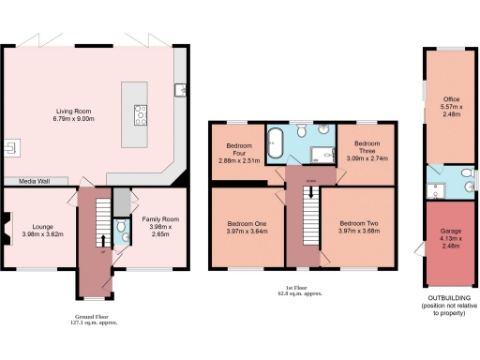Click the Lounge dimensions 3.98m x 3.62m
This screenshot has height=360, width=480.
42,233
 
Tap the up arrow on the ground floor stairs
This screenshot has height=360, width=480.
101,241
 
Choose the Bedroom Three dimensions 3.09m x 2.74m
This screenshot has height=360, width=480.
360,159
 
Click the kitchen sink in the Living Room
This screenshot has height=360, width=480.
178,90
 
